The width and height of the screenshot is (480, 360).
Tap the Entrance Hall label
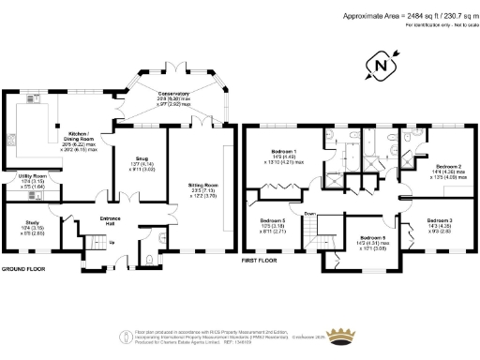(x=110, y=222)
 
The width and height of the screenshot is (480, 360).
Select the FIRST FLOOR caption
(x=261, y=259)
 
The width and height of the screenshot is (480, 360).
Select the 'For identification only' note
(x=438, y=25)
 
